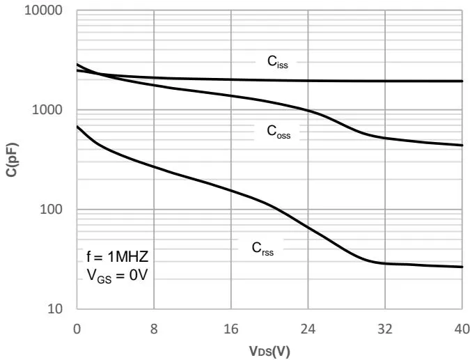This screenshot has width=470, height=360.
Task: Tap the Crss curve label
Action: (x=263, y=249)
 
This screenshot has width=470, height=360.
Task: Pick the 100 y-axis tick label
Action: (x=54, y=210)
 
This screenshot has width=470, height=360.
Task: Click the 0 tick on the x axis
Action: (x=77, y=327)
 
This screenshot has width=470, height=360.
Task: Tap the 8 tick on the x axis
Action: (x=154, y=327)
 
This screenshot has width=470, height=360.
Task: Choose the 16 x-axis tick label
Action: (x=231, y=327)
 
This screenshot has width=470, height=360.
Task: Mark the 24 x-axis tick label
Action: (x=308, y=327)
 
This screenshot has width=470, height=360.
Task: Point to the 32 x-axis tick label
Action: (x=385, y=327)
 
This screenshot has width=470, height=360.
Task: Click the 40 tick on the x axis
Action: (x=462, y=327)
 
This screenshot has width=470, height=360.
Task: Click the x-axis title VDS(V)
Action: (x=269, y=350)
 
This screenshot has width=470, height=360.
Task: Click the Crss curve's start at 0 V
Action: (x=77, y=127)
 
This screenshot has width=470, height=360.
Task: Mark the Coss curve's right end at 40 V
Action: (x=462, y=146)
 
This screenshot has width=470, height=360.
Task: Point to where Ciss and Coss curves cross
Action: (x=97, y=74)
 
